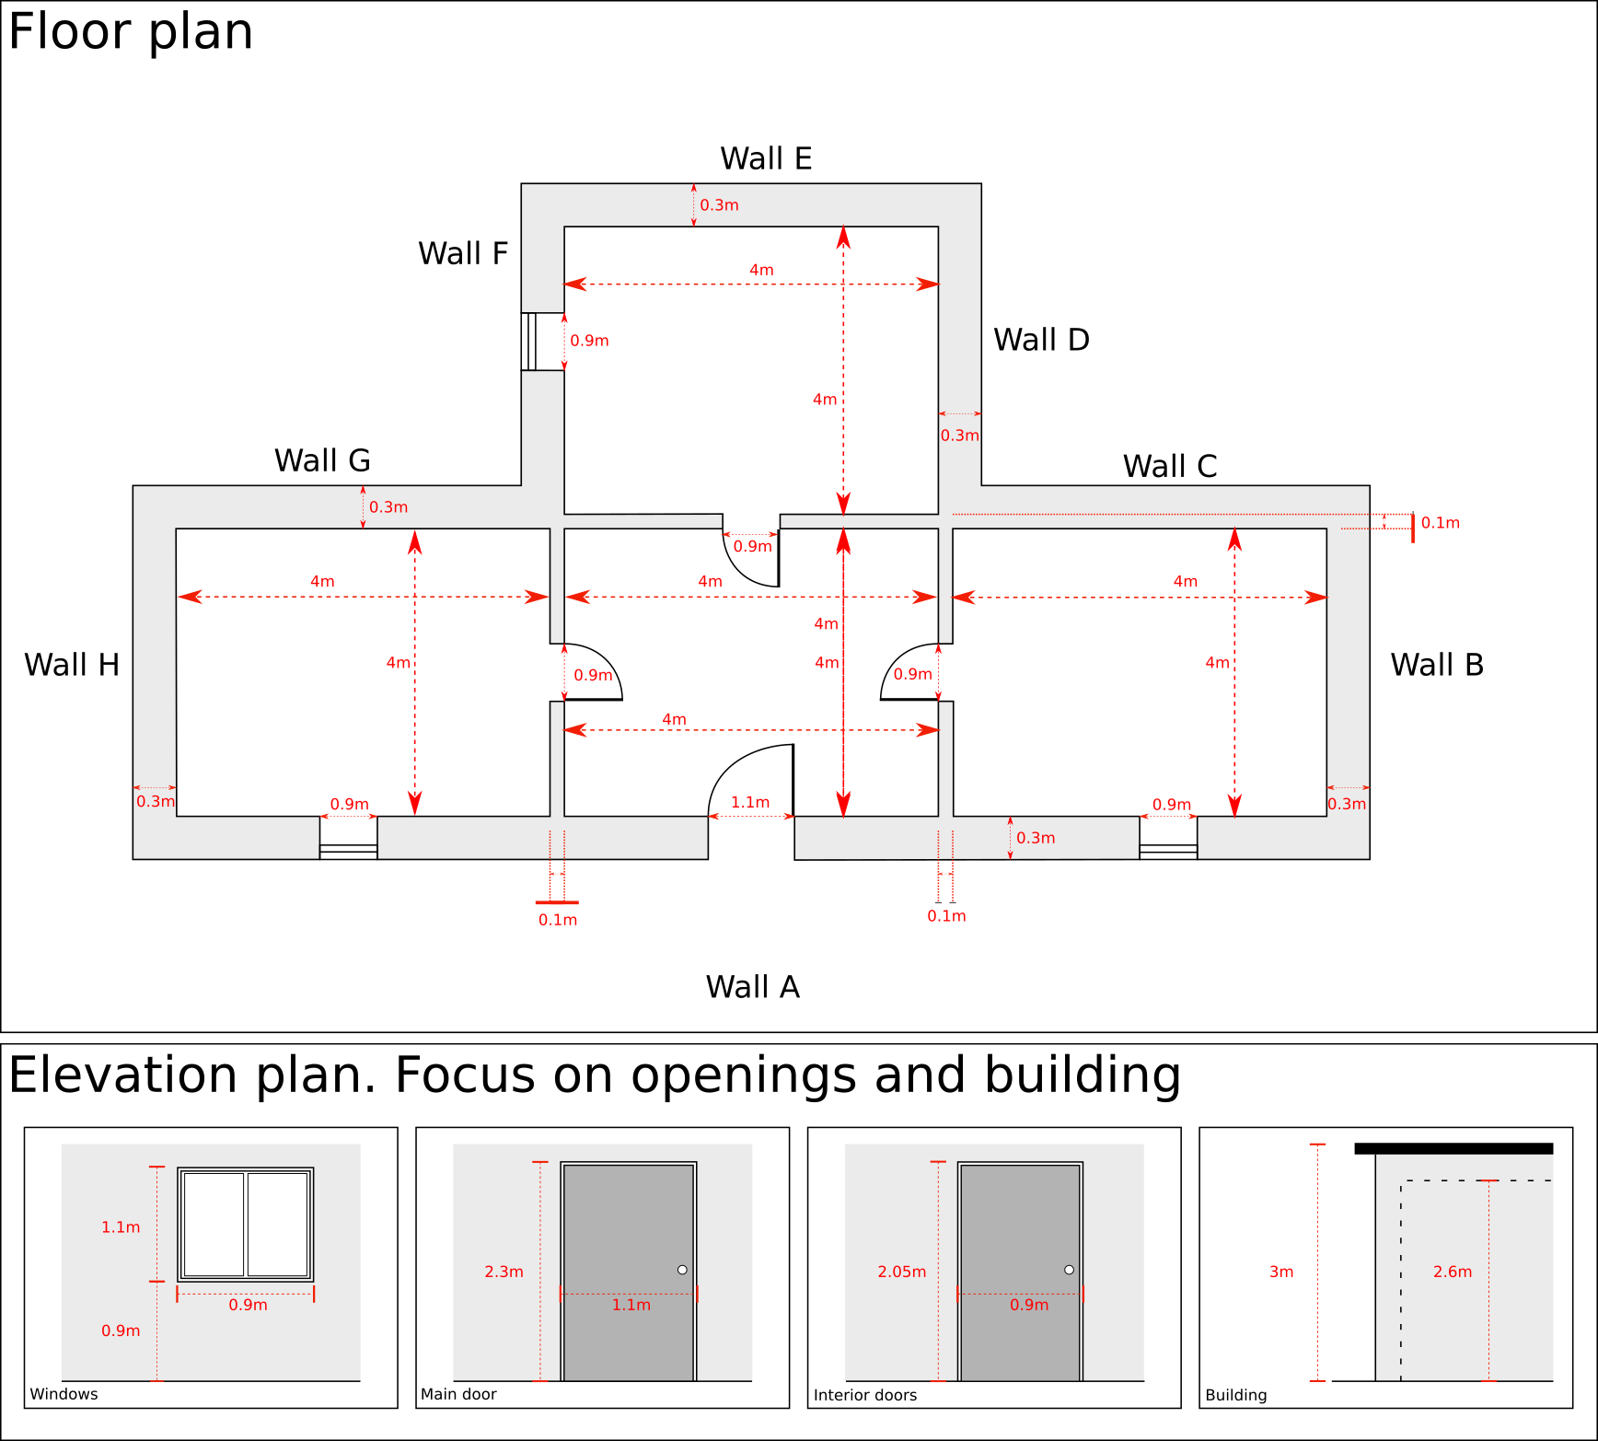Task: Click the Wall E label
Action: pyautogui.click(x=766, y=158)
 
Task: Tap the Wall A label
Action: pyautogui.click(x=752, y=987)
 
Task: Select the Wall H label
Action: pyautogui.click(x=72, y=665)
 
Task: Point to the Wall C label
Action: pyautogui.click(x=1170, y=466)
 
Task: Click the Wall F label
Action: pyautogui.click(x=463, y=253)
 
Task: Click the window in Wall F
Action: pyautogui.click(x=529, y=342)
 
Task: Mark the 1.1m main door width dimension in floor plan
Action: pyautogui.click(x=750, y=803)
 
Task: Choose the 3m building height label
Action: pyautogui.click(x=1281, y=1272)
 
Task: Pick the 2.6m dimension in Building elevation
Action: pyautogui.click(x=1453, y=1272)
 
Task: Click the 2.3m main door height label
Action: pyautogui.click(x=504, y=1272)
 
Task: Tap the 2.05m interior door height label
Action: pyautogui.click(x=901, y=1272)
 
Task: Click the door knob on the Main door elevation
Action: pyautogui.click(x=682, y=1270)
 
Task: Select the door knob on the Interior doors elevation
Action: pyautogui.click(x=1069, y=1270)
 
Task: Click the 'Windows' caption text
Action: pyautogui.click(x=64, y=1394)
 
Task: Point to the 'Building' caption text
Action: pyautogui.click(x=1235, y=1395)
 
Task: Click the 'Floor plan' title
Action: pyautogui.click(x=131, y=31)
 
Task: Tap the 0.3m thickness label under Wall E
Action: pyautogui.click(x=719, y=205)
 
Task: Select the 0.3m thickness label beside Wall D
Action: pyautogui.click(x=959, y=436)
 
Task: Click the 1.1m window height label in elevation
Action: pyautogui.click(x=121, y=1227)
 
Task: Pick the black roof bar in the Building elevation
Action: pyautogui.click(x=1453, y=1148)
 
